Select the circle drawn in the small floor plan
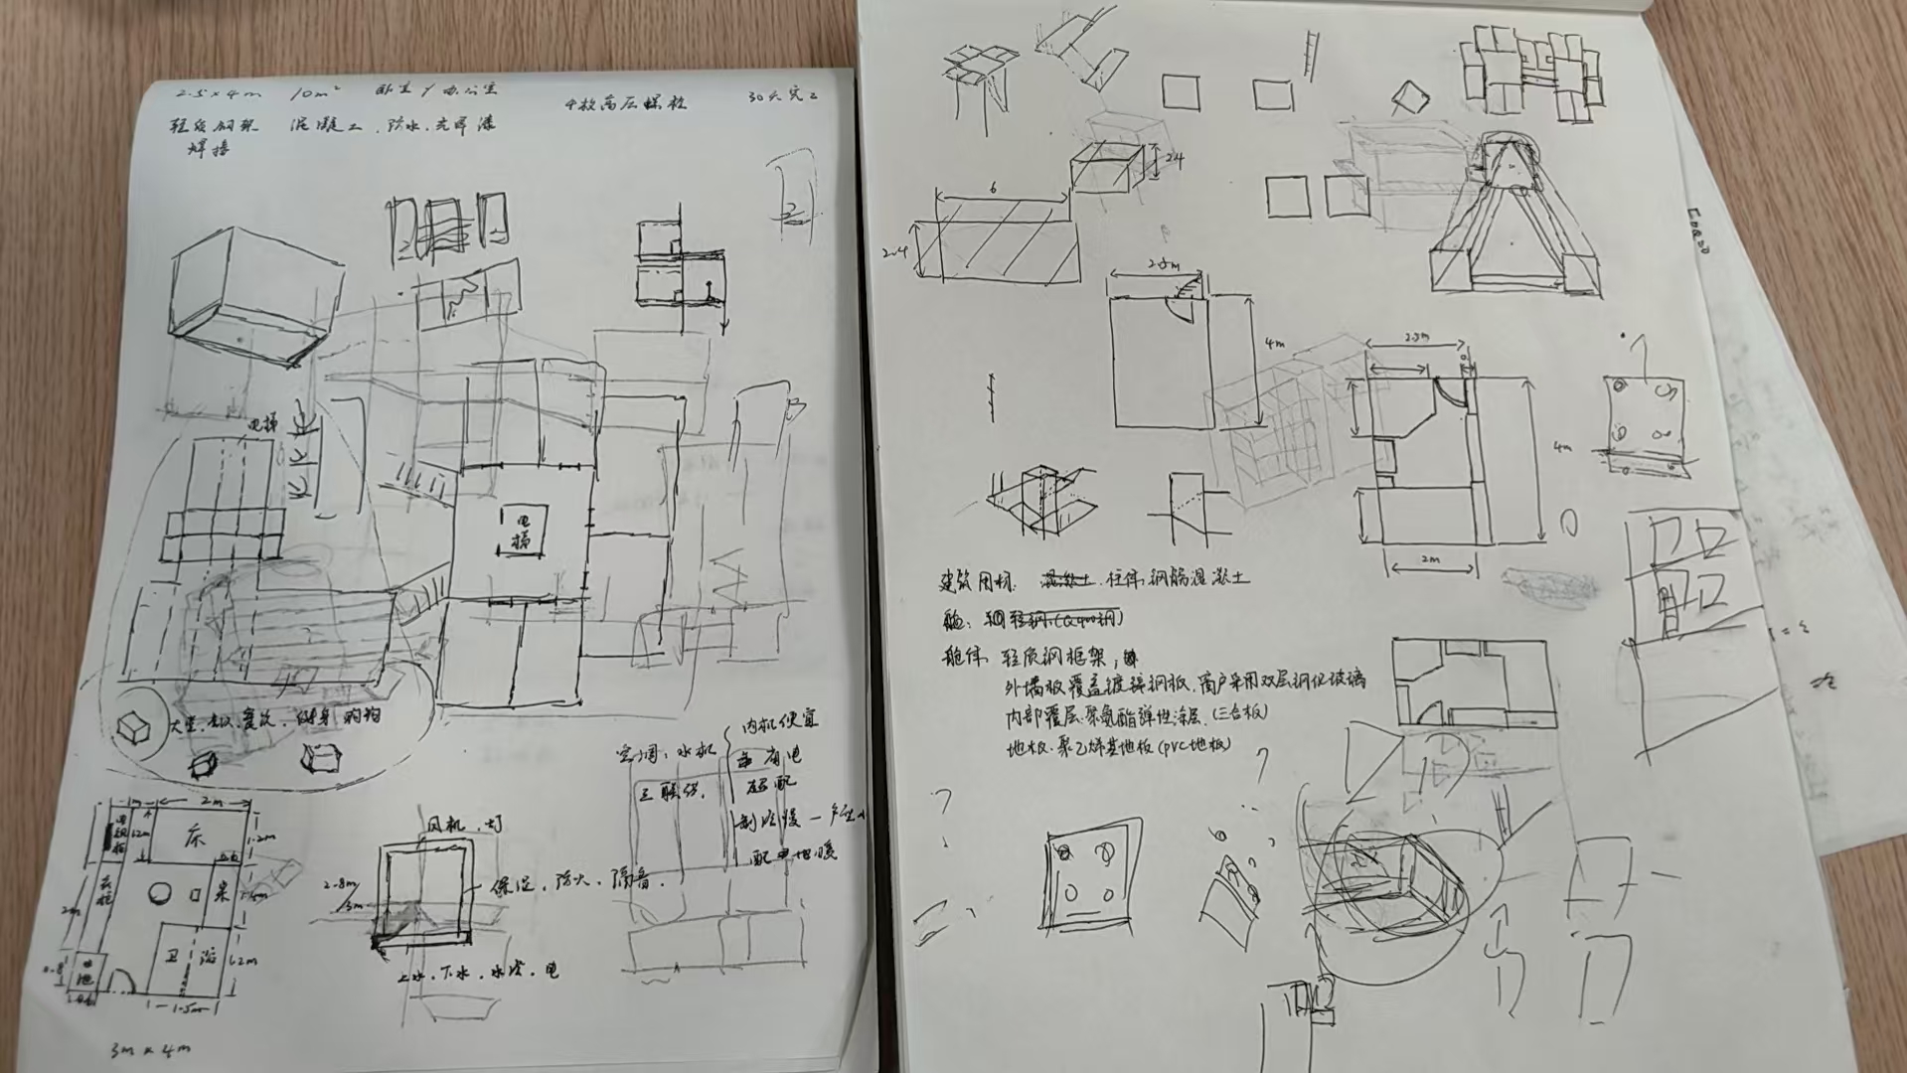pos(159,893)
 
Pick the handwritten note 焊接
pos(210,149)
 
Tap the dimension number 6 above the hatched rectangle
pos(993,188)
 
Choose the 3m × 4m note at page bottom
pos(149,1048)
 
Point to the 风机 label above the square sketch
pos(445,825)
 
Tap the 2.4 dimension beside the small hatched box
pos(1174,159)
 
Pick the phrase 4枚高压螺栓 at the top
pos(625,102)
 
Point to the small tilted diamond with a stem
pos(1409,97)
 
